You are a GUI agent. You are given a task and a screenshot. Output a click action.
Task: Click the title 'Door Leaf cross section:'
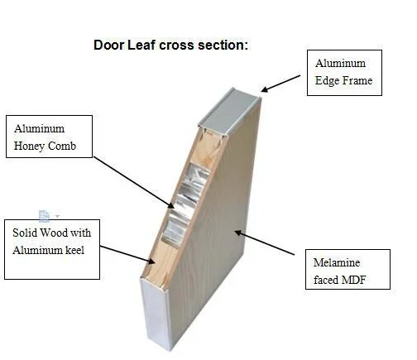(170, 45)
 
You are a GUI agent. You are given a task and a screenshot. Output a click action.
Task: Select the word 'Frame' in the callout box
(357, 80)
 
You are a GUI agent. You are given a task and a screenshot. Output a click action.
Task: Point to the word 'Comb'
(62, 146)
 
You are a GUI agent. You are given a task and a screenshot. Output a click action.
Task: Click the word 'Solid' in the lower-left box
(25, 233)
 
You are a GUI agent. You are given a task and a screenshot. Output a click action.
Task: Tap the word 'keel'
(74, 250)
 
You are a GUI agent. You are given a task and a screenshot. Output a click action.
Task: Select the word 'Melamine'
(337, 262)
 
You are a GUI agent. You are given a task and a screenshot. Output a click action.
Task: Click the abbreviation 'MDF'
(354, 280)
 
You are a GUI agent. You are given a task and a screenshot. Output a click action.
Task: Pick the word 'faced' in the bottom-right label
(326, 280)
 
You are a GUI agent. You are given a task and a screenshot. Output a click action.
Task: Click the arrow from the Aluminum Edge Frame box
(280, 84)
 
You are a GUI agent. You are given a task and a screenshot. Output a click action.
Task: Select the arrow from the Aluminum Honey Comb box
(134, 182)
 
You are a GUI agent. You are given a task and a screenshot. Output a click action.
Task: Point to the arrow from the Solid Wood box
(127, 255)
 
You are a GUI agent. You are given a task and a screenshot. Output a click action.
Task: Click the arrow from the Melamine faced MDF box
(265, 243)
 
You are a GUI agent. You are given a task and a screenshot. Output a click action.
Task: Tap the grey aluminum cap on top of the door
(229, 112)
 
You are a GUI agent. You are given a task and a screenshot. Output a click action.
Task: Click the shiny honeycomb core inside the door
(185, 204)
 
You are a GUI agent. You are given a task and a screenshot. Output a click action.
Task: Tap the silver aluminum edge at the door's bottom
(155, 314)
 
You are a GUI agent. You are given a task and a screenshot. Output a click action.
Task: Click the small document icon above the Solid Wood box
(44, 216)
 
